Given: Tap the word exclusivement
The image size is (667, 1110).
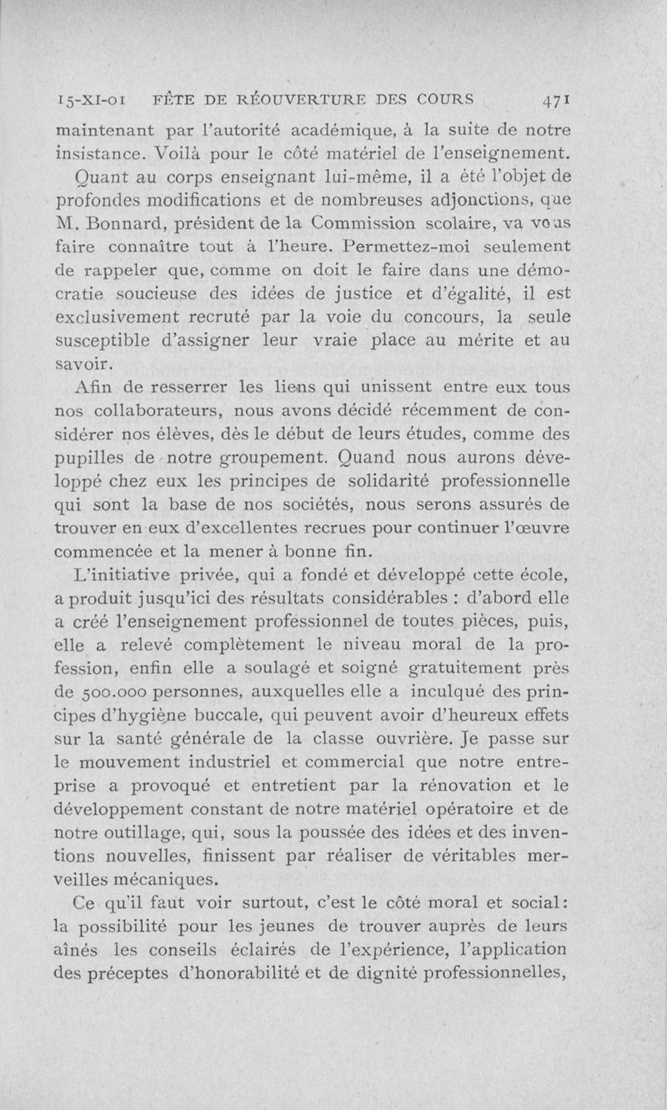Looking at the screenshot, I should [x=118, y=318].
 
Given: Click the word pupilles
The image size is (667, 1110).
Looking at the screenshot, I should [x=89, y=457].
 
